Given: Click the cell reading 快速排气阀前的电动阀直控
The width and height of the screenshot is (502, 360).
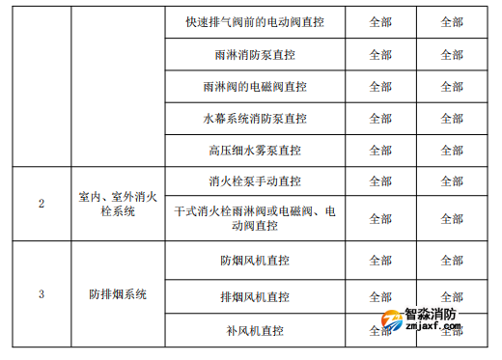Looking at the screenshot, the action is pos(255,22).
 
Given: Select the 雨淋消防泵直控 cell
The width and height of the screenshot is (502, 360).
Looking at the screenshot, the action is pos(255,55).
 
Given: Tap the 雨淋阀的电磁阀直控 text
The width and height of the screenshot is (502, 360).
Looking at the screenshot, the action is pos(255,87).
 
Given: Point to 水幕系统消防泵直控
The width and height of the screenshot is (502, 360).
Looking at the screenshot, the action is pos(255,119).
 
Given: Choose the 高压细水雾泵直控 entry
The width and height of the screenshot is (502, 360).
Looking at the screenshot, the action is pos(255,151).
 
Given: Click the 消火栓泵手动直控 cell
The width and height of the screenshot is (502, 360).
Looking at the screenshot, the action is pos(255,181).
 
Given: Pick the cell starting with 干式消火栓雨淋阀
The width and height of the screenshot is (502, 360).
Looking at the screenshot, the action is pos(255,218).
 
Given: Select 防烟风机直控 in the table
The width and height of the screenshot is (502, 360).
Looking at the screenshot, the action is pos(255,261).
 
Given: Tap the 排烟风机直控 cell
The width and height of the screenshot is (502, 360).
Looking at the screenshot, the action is pos(255,297).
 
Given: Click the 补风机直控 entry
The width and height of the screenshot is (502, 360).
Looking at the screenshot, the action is pos(255,331).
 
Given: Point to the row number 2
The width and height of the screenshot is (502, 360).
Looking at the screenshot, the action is pos(42,204).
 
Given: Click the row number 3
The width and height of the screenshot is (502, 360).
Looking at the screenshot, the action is pos(42,294).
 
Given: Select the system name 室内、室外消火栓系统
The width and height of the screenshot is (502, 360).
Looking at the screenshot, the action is pos(118,204).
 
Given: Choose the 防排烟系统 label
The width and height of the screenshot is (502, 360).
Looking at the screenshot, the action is pos(118,294).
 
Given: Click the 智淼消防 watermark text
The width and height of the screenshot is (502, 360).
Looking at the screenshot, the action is pos(431,314).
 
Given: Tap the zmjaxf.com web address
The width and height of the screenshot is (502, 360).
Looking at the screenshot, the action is pos(433,325).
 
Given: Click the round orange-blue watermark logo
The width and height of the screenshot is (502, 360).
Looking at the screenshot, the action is pos(392,320).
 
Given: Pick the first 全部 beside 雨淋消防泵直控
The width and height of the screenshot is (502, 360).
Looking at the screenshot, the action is pos(380,55).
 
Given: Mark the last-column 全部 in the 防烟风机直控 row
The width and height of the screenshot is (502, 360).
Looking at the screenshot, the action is pos(452,261).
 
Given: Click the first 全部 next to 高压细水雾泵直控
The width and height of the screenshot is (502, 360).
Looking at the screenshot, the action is pos(380,151).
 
